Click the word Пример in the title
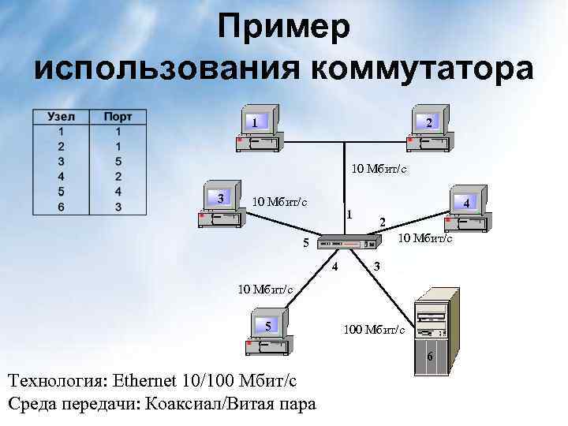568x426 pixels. [x=283, y=29]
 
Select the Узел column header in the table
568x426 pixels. [x=62, y=117]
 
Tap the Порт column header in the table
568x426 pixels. [x=118, y=117]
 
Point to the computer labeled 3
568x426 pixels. [x=221, y=207]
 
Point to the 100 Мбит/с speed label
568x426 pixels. [x=375, y=329]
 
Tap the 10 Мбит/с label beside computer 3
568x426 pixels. [x=279, y=201]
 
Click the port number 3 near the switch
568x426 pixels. [x=378, y=267]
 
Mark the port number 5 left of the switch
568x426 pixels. [x=307, y=242]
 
